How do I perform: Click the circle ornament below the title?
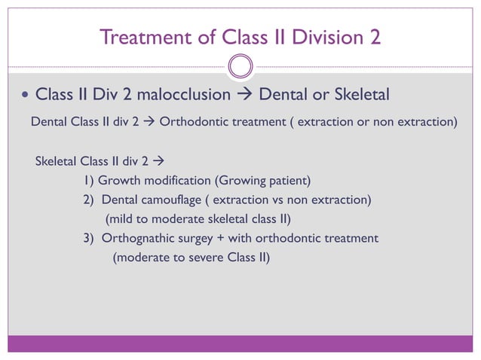240,67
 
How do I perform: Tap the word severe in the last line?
202,257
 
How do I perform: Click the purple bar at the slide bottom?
240,343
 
